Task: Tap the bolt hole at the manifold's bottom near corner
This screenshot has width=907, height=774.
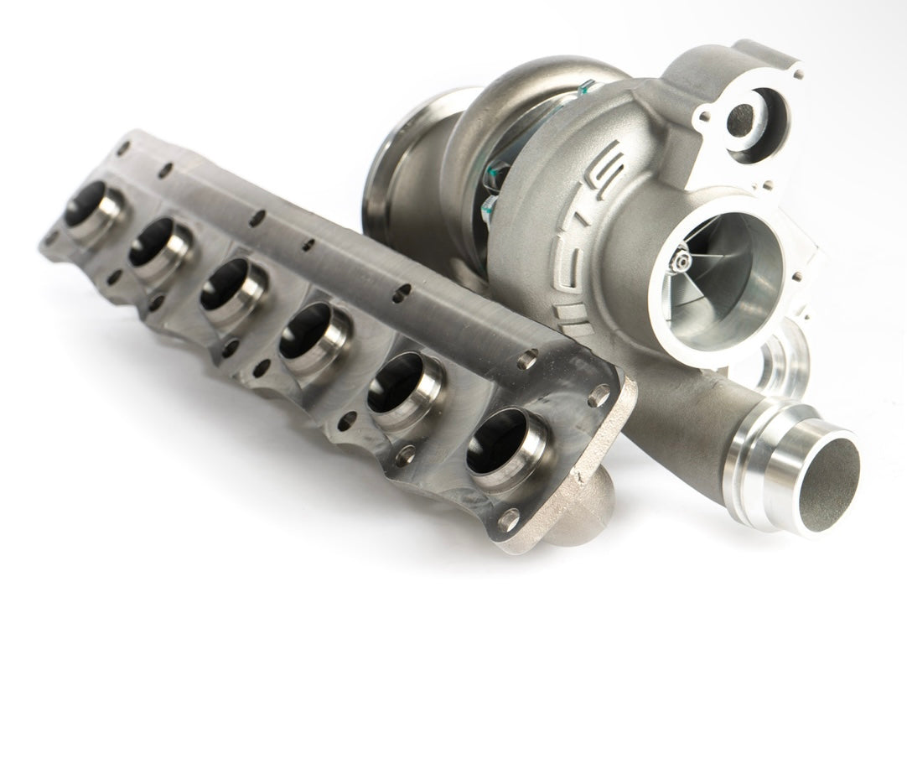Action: [x=509, y=521]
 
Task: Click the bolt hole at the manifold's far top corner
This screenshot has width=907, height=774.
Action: [x=124, y=148]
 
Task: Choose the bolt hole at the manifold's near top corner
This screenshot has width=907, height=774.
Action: [x=599, y=395]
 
